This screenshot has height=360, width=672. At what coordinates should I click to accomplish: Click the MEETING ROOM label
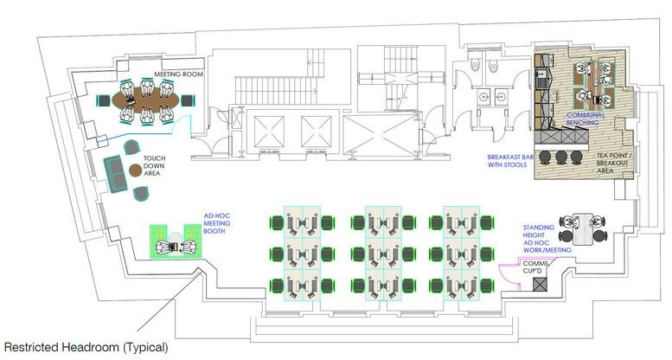178,74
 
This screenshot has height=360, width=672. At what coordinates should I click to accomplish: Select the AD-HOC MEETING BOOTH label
217,223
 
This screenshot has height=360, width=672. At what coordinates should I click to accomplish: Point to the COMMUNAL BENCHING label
586,119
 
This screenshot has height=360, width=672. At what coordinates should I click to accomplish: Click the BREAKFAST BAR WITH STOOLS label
510,161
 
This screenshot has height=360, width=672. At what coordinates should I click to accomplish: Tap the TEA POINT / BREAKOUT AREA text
612,163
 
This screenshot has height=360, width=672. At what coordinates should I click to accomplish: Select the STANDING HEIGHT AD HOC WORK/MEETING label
547,239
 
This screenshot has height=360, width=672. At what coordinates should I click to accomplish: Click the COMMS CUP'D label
535,267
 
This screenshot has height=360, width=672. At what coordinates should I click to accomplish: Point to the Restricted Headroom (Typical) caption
86,347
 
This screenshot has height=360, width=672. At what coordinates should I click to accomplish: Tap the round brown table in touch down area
137,170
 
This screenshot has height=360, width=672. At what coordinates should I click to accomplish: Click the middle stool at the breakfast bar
560,156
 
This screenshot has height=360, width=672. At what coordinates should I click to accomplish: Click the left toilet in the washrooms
475,65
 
